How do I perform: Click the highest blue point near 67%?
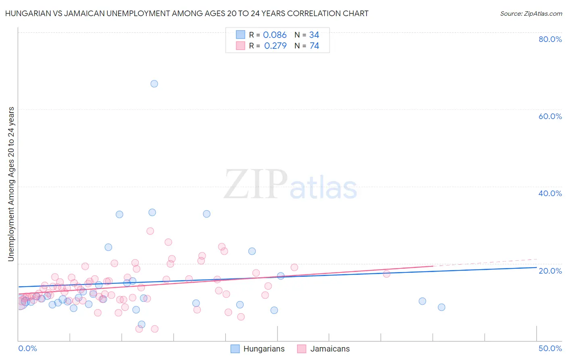coord(154,84)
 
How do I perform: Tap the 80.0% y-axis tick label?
coord(550,39)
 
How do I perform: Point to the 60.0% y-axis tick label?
coord(550,116)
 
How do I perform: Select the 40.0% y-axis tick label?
coord(550,193)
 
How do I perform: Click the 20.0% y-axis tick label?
coord(550,270)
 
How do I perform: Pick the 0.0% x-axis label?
coord(27,348)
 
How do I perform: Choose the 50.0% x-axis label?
coord(550,348)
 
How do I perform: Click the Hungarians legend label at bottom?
coord(264,349)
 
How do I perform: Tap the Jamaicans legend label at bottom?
coord(330,349)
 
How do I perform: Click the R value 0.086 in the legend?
coord(275,35)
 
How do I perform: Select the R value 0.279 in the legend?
coord(275,46)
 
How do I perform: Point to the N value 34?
coord(314,35)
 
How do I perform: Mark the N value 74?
coord(314,46)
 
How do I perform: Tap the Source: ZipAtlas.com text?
coord(531,14)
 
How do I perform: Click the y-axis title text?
coord(11,184)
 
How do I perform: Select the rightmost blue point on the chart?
coord(442,307)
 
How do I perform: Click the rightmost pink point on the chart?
coord(386,274)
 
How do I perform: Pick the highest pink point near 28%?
coord(150,231)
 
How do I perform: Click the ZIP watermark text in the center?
coord(256,184)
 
